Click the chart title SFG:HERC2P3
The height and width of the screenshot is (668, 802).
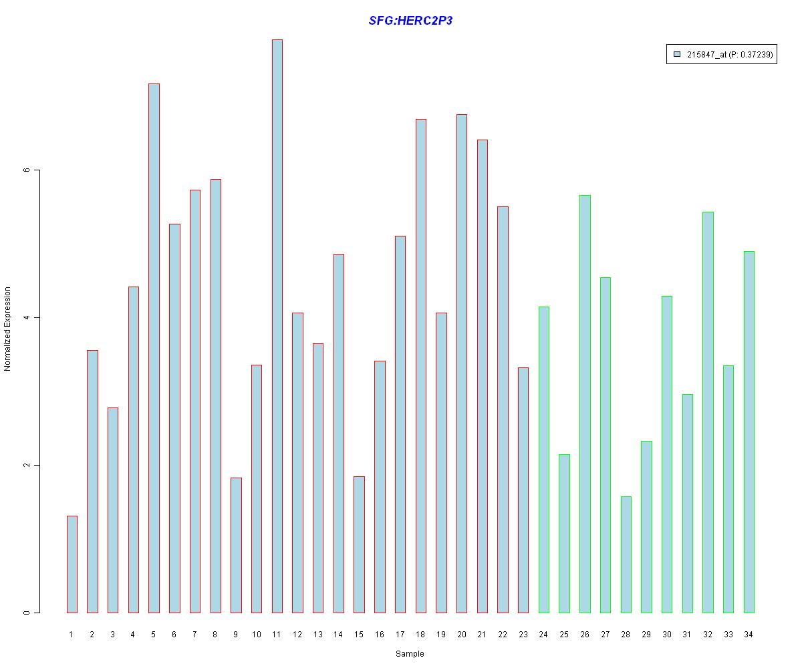(410, 21)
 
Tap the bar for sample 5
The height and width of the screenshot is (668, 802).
(154, 347)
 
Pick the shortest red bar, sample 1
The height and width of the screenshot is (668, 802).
(72, 564)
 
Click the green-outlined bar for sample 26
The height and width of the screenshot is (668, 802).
(585, 403)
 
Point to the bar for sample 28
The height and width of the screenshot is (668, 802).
(626, 554)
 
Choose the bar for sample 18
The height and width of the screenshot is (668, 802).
(421, 365)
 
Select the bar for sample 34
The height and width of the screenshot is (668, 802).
(749, 432)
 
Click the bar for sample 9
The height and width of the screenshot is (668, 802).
(236, 545)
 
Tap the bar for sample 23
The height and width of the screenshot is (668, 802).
(523, 490)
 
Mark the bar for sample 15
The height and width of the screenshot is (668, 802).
(359, 544)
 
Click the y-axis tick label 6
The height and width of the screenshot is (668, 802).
(27, 170)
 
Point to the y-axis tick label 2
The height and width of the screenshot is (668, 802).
(27, 465)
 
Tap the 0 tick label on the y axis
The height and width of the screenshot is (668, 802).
(27, 613)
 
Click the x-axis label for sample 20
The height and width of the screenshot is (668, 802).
(461, 635)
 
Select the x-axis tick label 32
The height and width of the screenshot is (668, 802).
(708, 635)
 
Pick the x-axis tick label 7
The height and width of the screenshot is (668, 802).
(194, 635)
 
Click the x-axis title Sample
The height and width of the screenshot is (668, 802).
(410, 654)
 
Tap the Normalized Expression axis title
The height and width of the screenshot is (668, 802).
(8, 329)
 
